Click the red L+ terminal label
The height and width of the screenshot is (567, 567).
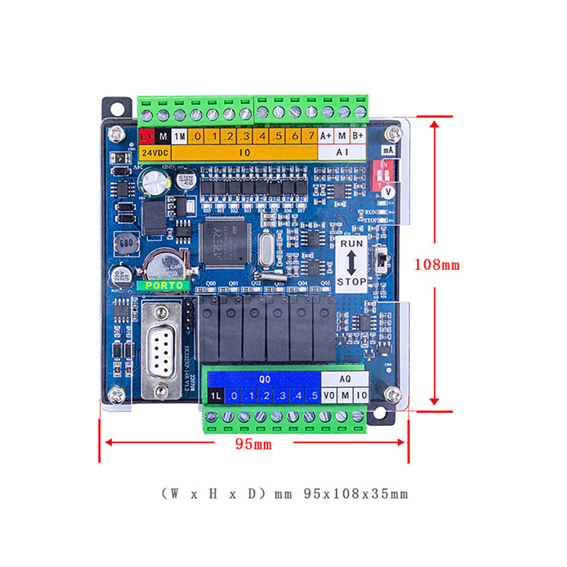pos(147,136)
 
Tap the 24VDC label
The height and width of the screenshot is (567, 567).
pos(154,153)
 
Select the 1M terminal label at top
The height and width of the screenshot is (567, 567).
pos(179,137)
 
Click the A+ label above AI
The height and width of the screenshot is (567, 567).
pos(326,137)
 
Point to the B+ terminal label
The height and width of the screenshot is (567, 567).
pos(358,137)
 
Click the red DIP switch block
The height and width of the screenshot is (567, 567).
pos(388,170)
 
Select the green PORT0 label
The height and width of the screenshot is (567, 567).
pos(164,285)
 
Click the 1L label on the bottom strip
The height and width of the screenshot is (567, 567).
pos(215,396)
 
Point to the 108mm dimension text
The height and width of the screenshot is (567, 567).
pos(437,264)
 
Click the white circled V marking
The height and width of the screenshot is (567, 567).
pos(388,193)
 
